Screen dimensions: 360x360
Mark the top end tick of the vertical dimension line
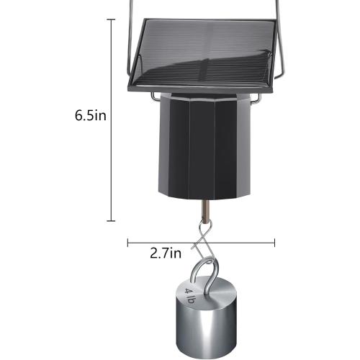click(x=112, y=19)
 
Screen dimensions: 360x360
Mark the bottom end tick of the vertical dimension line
click(x=112, y=220)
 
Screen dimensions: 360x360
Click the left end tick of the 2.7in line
click(x=128, y=242)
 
